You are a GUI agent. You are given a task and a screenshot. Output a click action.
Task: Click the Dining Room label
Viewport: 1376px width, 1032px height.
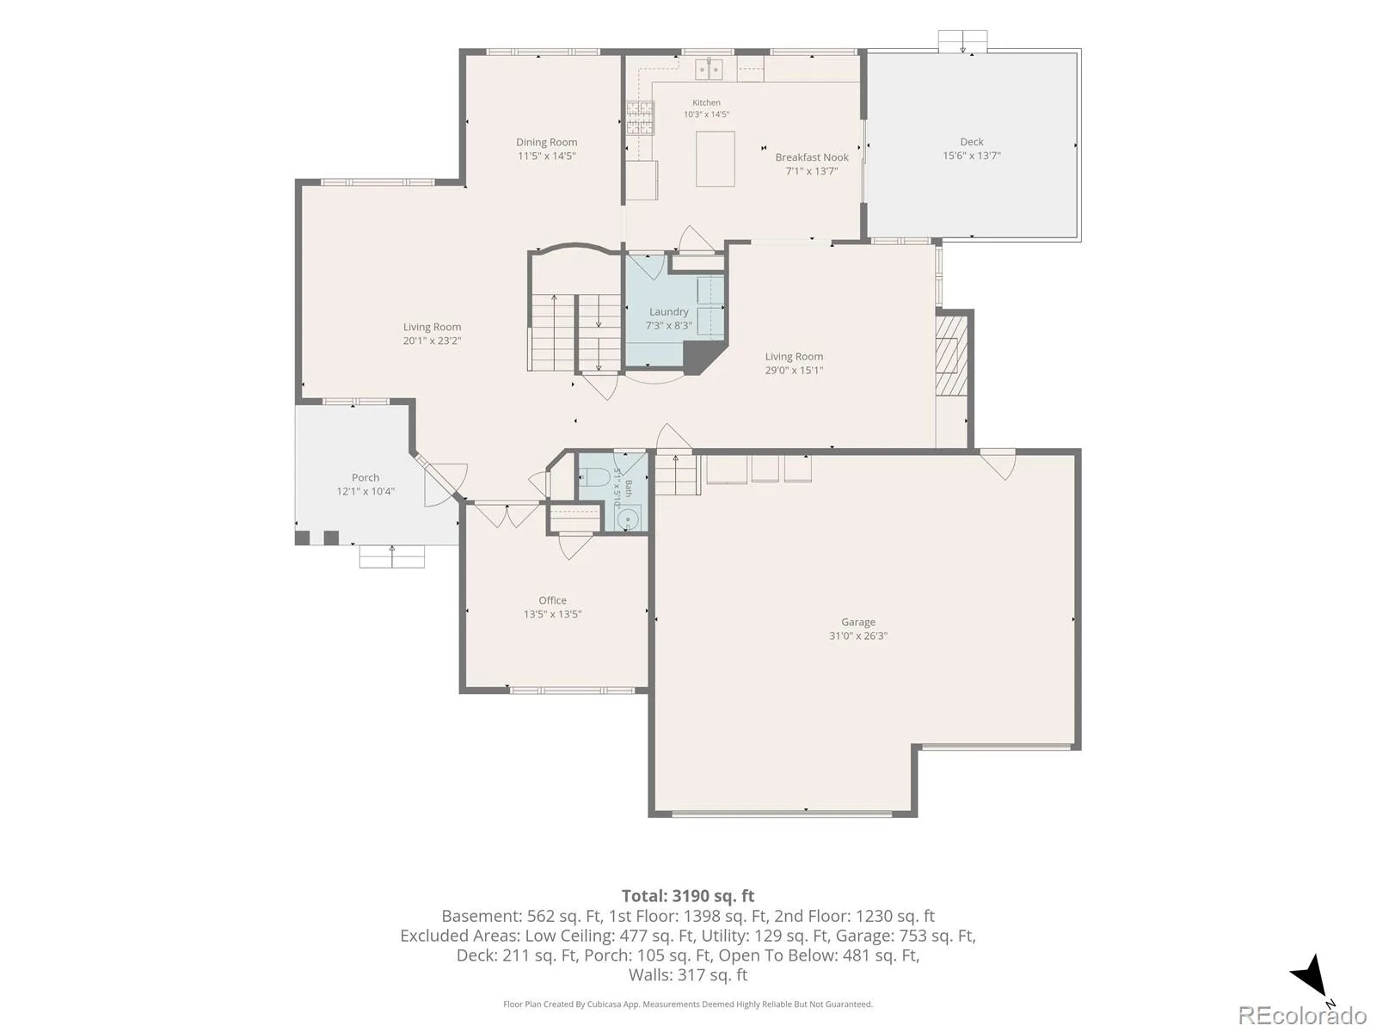pyautogui.click(x=546, y=142)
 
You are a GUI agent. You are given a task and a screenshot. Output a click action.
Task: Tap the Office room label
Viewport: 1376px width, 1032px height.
pyautogui.click(x=552, y=600)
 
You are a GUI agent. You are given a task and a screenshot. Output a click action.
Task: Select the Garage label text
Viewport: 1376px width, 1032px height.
pyautogui.click(x=857, y=622)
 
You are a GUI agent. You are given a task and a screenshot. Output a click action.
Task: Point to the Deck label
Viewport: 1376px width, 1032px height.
pyautogui.click(x=972, y=142)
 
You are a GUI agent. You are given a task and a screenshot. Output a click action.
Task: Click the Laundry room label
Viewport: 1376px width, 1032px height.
pyautogui.click(x=669, y=312)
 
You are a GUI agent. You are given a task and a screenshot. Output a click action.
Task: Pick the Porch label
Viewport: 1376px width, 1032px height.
pyautogui.click(x=365, y=477)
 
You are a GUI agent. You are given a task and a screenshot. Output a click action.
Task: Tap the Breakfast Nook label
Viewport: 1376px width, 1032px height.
pyautogui.click(x=812, y=157)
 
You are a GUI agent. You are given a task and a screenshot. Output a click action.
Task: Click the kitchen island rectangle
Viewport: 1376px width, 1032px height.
pyautogui.click(x=716, y=158)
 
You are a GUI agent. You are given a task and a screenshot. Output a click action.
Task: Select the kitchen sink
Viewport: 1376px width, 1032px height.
pyautogui.click(x=709, y=69)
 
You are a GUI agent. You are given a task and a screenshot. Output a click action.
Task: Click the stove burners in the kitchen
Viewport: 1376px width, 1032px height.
pyautogui.click(x=640, y=118)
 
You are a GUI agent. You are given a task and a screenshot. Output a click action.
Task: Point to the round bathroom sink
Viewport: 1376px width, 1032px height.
pyautogui.click(x=627, y=519)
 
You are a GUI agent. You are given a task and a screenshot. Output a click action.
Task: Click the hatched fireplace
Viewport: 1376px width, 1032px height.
pyautogui.click(x=952, y=355)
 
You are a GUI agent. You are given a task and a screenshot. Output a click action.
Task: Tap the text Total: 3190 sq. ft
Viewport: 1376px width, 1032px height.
pyautogui.click(x=688, y=896)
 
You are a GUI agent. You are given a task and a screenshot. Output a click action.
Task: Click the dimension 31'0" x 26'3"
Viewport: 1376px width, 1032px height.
pyautogui.click(x=857, y=636)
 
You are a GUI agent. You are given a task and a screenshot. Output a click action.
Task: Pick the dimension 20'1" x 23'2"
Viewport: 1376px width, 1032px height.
pyautogui.click(x=432, y=341)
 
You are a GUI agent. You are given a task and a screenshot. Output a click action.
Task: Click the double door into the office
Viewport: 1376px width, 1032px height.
pyautogui.click(x=506, y=513)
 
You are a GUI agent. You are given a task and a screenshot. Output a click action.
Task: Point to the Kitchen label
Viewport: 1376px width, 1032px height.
pyautogui.click(x=706, y=102)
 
